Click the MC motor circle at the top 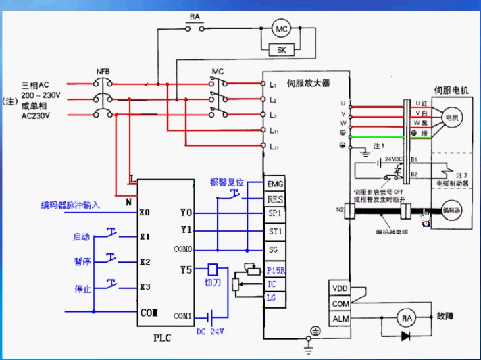pos(280,28)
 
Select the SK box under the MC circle pos(280,49)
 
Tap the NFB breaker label pos(103,71)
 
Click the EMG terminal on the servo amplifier pos(274,184)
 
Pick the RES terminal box pos(274,199)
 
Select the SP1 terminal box pos(274,214)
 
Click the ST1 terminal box pos(274,232)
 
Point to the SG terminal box pos(274,249)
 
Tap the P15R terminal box pos(274,270)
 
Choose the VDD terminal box pos(340,288)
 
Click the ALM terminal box pos(340,318)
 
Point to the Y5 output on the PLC pos(186,271)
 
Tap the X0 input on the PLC pos(144,213)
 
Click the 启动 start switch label pos(82,237)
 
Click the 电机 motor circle pos(449,119)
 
